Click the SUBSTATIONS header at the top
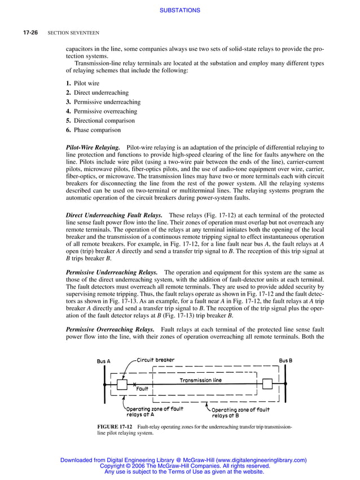[x=180, y=10]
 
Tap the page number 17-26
[x=30, y=33]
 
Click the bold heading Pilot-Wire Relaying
[x=93, y=147]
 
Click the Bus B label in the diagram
[x=286, y=360]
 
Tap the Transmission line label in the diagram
[x=200, y=380]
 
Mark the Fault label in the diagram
[x=142, y=389]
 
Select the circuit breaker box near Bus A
[x=122, y=384]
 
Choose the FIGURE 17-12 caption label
[x=115, y=427]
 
